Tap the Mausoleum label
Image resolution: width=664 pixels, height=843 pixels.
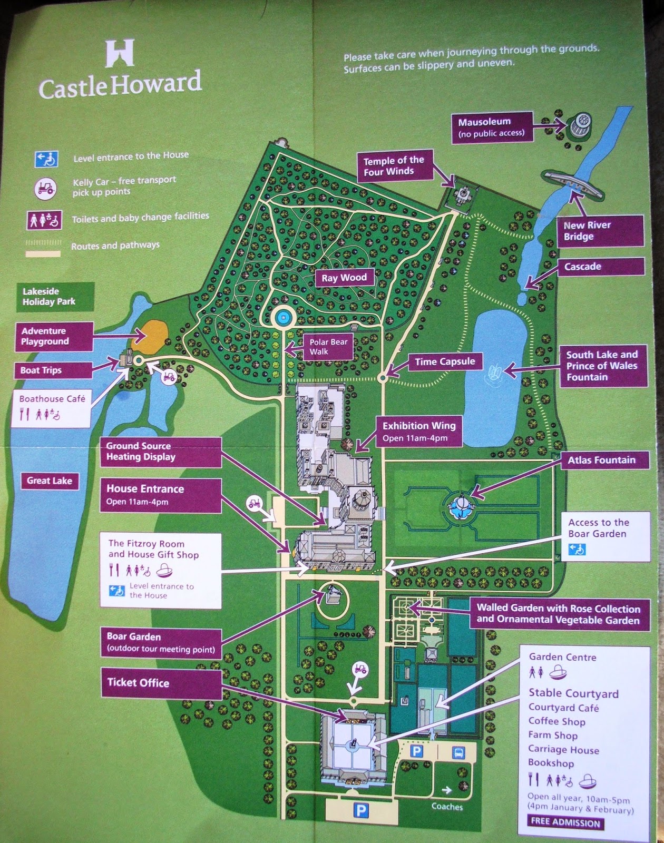[491, 127]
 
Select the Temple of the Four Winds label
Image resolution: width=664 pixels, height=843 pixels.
[394, 165]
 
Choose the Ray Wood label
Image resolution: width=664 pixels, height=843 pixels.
[344, 278]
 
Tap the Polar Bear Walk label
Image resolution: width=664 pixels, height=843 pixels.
[328, 347]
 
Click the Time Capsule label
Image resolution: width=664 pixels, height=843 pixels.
[445, 361]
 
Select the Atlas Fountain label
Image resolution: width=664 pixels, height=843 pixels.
[601, 460]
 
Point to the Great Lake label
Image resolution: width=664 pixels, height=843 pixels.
[50, 481]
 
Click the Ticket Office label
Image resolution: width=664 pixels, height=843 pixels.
[139, 683]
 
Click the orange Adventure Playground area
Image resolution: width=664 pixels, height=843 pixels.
[152, 336]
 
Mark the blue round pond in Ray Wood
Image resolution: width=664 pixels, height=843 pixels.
[284, 317]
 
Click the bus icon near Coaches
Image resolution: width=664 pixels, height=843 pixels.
[459, 752]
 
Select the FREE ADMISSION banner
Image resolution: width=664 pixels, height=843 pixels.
[565, 822]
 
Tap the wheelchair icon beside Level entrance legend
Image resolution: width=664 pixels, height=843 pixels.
[46, 159]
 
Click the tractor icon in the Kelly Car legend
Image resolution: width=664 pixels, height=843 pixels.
[46, 189]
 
